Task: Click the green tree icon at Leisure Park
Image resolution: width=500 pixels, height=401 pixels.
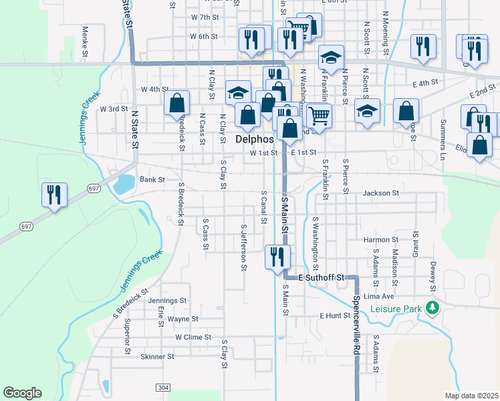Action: [x=433, y=307]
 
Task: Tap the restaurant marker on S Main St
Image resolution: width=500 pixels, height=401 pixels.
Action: [x=277, y=257]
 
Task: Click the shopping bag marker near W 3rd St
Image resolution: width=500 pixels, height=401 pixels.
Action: [x=177, y=104]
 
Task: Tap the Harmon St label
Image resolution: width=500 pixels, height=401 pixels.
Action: [x=381, y=239]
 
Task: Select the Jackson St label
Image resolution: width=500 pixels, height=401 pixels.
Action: [x=381, y=193]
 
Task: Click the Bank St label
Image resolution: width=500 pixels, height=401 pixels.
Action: [x=152, y=180]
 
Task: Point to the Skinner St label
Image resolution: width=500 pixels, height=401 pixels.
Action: [x=157, y=357]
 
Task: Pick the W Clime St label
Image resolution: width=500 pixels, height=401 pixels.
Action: [x=193, y=338]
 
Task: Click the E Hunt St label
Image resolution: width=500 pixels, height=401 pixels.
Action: [x=335, y=315]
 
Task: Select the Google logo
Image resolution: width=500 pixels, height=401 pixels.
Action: [x=22, y=393]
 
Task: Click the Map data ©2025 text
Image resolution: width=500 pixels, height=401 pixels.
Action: [x=471, y=396]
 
